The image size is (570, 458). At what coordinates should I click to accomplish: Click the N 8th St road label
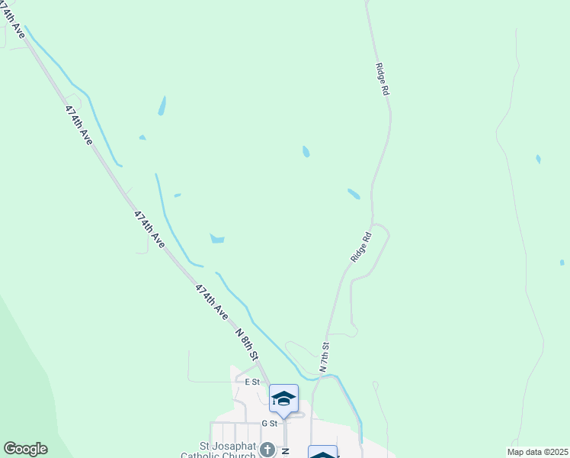coord(248,345)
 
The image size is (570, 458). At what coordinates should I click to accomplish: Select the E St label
coord(252,381)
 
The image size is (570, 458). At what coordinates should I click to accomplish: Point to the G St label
coord(270,423)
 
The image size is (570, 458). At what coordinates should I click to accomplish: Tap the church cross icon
coord(267,449)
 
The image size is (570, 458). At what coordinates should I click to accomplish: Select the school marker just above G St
coord(283,399)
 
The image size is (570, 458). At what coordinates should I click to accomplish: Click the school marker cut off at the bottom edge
coord(322,452)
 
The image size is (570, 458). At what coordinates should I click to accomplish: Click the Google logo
coord(25,449)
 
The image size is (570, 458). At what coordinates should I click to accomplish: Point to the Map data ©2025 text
coord(537,452)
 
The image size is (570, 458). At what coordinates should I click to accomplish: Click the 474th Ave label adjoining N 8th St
coord(212,302)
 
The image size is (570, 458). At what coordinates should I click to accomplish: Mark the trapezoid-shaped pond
coord(217,239)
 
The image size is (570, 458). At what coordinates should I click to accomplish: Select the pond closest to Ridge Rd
coord(354,194)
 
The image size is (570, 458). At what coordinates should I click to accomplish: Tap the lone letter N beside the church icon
coord(284,451)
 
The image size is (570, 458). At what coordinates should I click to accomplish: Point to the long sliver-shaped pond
coord(162,105)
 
